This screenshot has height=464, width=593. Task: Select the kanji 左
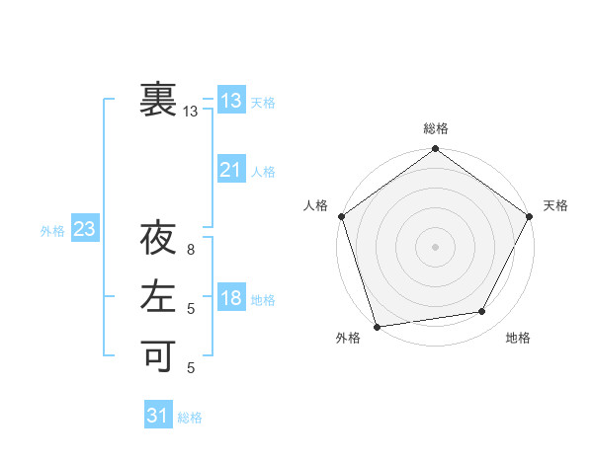158,298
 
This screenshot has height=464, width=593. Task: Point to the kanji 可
158,355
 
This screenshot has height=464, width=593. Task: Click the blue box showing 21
230,170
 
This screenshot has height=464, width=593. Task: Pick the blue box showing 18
230,299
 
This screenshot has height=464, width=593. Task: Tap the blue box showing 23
84,230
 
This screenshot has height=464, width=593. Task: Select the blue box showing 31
157,416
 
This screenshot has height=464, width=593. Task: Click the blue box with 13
230,101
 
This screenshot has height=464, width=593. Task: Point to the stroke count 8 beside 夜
191,250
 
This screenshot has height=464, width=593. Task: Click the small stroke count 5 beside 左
191,309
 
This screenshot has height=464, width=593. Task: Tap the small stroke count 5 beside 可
191,368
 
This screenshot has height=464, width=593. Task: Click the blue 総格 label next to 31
190,418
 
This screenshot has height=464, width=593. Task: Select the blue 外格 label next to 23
52,231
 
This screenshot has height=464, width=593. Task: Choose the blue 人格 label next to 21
263,172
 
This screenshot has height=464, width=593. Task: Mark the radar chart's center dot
435,246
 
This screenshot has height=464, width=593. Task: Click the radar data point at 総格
435,150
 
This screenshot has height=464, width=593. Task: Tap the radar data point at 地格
482,312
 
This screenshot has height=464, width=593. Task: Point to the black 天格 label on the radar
555,205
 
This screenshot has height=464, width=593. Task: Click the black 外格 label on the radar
348,339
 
